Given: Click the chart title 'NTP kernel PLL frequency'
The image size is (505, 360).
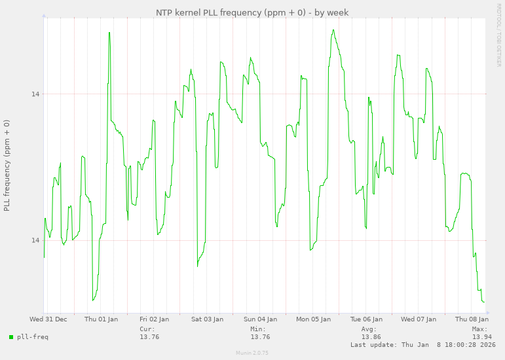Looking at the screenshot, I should point(252,12).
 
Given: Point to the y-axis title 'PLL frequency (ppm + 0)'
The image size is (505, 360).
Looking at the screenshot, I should point(7,165).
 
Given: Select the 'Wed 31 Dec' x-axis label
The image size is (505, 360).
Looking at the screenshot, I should point(48,319).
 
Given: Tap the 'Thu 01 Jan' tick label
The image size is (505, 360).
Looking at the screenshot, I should point(102,319).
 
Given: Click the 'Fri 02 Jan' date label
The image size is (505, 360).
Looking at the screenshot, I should point(154,319).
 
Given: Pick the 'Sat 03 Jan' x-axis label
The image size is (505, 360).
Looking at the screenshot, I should point(207,319).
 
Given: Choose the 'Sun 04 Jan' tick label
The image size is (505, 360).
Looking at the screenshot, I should point(260,319).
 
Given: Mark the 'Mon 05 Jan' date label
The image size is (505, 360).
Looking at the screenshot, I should point(313,319).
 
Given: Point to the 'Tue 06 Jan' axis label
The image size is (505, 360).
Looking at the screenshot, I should point(366,319).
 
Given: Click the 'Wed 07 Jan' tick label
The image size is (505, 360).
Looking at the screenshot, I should point(419,319).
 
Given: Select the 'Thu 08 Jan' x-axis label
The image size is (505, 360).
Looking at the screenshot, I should point(472,319).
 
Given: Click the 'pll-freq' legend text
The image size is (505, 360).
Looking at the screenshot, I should point(33,337).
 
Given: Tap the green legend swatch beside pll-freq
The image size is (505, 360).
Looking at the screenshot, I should point(11,337).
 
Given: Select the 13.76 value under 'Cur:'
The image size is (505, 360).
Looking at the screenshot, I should point(149,337).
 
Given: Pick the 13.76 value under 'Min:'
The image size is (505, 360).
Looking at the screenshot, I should point(260,337).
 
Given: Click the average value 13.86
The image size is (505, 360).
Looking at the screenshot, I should point(371,337).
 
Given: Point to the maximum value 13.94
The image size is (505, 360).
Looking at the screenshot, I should point(481,337).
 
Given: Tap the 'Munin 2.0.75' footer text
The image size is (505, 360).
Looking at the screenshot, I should point(252,353).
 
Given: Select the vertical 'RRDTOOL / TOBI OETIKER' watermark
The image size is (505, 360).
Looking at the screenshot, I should point(498,35).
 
